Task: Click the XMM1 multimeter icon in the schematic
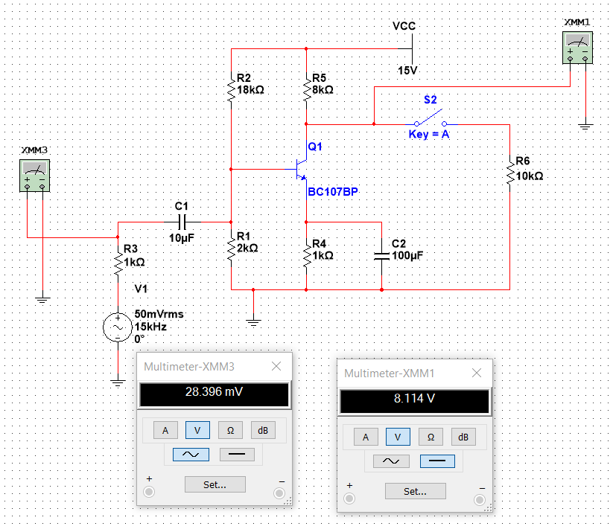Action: (x=577, y=48)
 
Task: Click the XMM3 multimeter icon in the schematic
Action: (x=34, y=176)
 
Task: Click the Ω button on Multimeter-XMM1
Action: (x=431, y=437)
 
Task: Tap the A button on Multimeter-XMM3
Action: (x=165, y=430)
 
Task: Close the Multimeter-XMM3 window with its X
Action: (x=276, y=366)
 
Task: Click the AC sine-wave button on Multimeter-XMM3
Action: (x=191, y=455)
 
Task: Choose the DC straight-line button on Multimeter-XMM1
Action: (x=437, y=461)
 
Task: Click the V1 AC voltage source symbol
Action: (x=118, y=327)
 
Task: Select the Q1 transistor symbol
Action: (x=301, y=169)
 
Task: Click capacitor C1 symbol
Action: (x=182, y=222)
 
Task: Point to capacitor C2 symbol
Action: (x=381, y=256)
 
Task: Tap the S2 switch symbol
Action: (x=431, y=120)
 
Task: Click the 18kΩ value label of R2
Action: (x=250, y=90)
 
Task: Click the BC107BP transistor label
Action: (x=333, y=192)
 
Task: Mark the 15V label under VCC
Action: (x=407, y=71)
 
